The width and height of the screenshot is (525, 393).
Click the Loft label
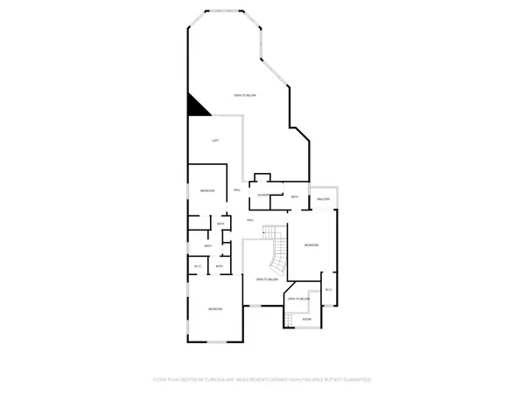click(214, 141)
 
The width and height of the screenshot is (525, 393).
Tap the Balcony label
click(323, 200)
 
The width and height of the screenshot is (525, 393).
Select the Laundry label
click(262, 196)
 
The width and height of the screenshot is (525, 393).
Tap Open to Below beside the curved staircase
click(266, 279)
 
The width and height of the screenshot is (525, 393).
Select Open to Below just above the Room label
click(299, 300)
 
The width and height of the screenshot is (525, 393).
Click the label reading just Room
click(306, 319)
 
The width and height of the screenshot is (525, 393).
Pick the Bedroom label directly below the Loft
click(207, 190)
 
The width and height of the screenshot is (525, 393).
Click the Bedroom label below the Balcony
click(311, 245)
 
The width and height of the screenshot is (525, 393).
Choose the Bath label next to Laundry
click(295, 197)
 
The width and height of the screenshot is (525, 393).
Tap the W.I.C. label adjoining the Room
click(328, 290)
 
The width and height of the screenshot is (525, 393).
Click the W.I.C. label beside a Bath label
click(198, 266)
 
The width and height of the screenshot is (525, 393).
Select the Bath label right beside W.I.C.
click(219, 266)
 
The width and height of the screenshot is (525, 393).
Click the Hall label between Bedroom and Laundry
click(237, 190)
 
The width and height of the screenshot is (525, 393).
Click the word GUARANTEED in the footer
click(356, 380)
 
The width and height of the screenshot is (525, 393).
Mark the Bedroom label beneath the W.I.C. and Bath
click(214, 310)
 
